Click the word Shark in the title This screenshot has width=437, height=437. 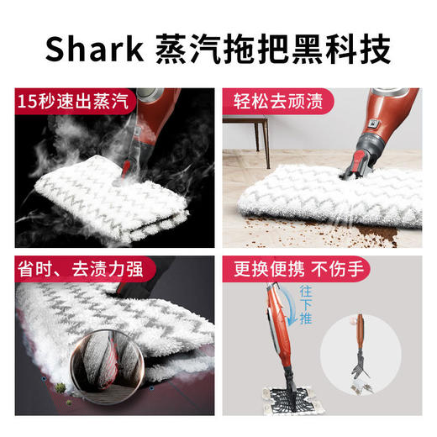(x=92, y=50)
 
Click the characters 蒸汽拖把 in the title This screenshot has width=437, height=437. (x=211, y=50)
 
